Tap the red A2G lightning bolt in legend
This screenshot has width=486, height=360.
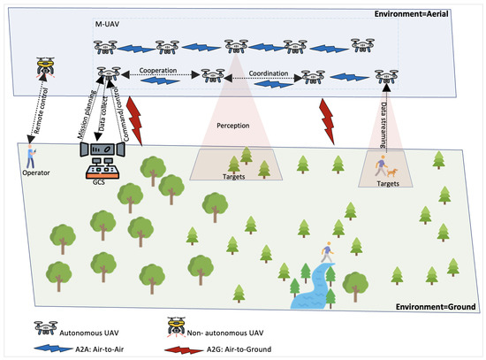(x=192, y=348)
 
